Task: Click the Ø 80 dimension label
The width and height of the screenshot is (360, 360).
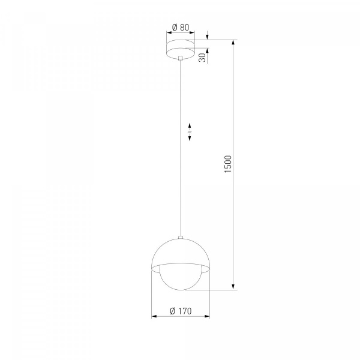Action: (x=181, y=28)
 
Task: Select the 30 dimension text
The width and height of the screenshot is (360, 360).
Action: (x=202, y=58)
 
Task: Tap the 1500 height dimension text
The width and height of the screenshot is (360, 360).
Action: (x=228, y=164)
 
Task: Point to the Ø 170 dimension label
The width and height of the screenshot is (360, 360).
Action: (x=181, y=311)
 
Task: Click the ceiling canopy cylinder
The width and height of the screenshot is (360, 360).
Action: (x=181, y=50)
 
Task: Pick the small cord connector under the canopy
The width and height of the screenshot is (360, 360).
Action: (x=181, y=58)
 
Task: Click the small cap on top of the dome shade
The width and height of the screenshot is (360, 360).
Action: (x=181, y=237)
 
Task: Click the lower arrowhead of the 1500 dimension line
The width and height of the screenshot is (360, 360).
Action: (x=233, y=287)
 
